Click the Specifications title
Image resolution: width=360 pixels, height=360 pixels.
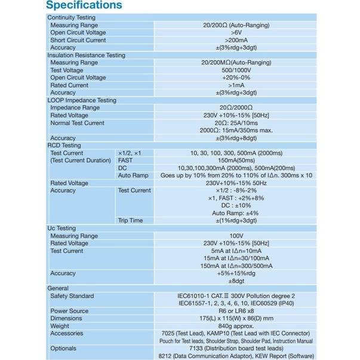coord(84,7)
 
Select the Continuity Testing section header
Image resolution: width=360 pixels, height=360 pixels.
coord(74,18)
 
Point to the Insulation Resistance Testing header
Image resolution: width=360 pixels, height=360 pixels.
coord(87,56)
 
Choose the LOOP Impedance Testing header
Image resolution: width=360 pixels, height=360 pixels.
coord(82,101)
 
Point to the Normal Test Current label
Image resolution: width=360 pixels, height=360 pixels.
coord(77,124)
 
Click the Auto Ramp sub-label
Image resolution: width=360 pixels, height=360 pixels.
coord(133,176)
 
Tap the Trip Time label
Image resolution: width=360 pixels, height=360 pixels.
coord(130,221)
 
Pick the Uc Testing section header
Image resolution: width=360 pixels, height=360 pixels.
coord(62,229)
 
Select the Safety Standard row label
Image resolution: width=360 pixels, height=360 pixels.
coord(72,296)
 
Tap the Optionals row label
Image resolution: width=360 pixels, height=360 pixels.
coord(64,349)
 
